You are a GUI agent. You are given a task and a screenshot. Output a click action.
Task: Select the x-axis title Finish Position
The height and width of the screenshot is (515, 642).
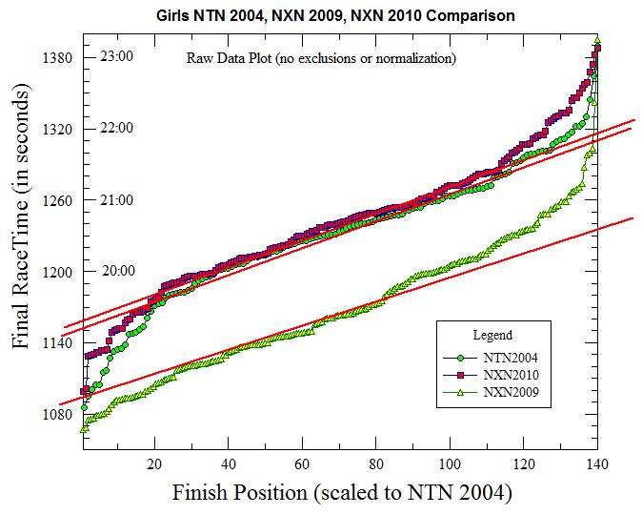pyautogui.click(x=342, y=494)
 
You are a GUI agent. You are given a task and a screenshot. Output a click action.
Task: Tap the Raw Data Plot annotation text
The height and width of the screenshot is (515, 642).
pyautogui.click(x=320, y=59)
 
